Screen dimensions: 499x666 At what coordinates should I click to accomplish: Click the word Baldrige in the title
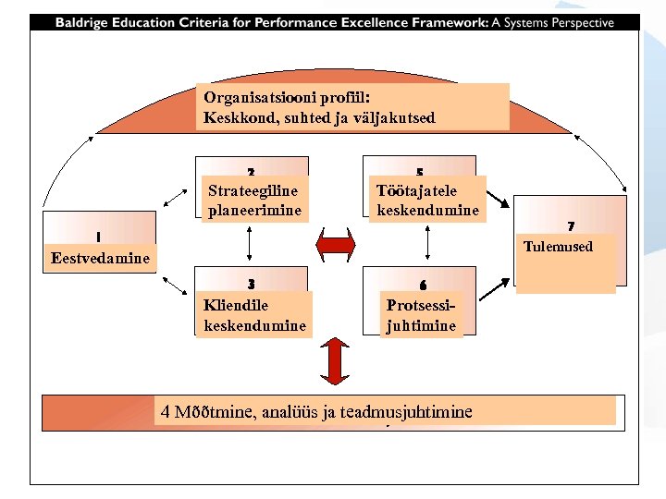click(84, 22)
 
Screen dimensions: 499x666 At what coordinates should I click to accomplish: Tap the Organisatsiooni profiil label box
click(352, 106)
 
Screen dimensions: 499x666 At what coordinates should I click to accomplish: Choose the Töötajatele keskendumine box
click(427, 200)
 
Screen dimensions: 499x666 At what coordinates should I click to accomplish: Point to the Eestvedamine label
click(101, 258)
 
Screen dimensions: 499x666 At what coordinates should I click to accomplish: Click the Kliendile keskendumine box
click(253, 314)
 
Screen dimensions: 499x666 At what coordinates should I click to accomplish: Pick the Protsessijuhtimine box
click(421, 314)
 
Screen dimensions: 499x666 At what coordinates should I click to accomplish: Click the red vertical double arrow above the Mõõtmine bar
click(335, 359)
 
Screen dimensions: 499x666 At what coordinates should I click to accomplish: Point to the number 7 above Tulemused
click(571, 226)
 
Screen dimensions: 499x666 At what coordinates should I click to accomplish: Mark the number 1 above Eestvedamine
click(99, 236)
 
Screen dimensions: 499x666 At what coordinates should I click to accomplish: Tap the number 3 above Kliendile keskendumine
click(251, 284)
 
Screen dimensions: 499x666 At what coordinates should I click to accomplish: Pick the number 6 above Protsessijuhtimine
click(422, 284)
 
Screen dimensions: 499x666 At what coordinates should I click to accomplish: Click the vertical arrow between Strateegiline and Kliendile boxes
click(251, 244)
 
